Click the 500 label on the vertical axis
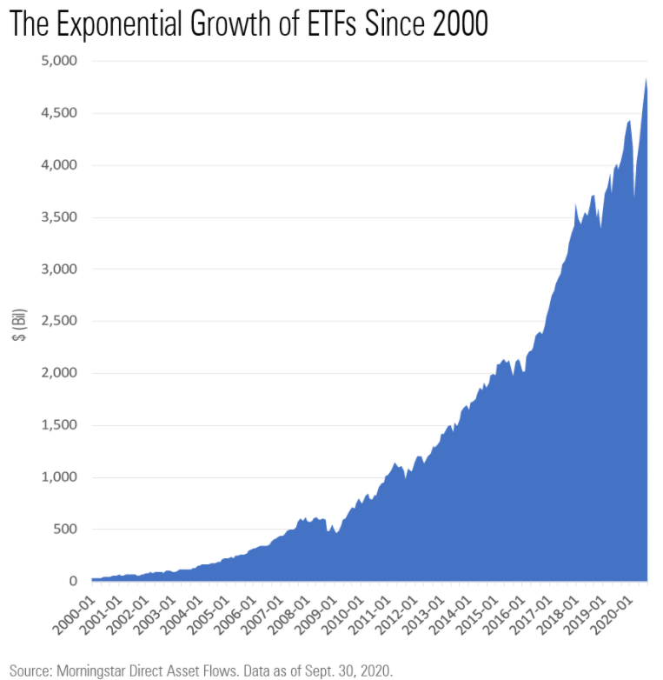coord(64,529)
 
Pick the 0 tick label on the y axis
coord(73,581)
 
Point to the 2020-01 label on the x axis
coord(620,613)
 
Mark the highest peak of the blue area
coord(646,80)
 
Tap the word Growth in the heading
coord(249,25)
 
